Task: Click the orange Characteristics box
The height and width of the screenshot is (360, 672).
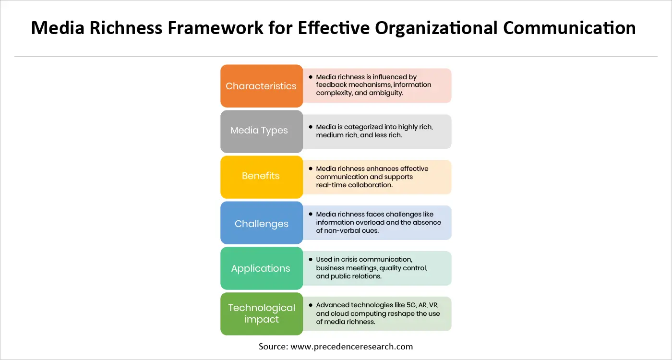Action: (x=262, y=86)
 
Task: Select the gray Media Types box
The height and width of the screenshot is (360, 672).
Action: (x=262, y=131)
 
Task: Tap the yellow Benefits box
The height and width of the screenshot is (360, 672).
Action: (x=262, y=176)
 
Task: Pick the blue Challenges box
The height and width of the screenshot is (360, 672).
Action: (x=262, y=223)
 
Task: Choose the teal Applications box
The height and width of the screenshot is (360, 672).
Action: (x=262, y=268)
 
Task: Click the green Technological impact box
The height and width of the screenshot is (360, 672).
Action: (x=262, y=313)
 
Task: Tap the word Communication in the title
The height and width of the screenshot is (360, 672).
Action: (x=569, y=28)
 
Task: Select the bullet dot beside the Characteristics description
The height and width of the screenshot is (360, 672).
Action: (x=311, y=77)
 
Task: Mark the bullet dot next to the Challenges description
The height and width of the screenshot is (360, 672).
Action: (x=311, y=214)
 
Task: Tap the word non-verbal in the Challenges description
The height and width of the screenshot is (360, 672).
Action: (x=343, y=230)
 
